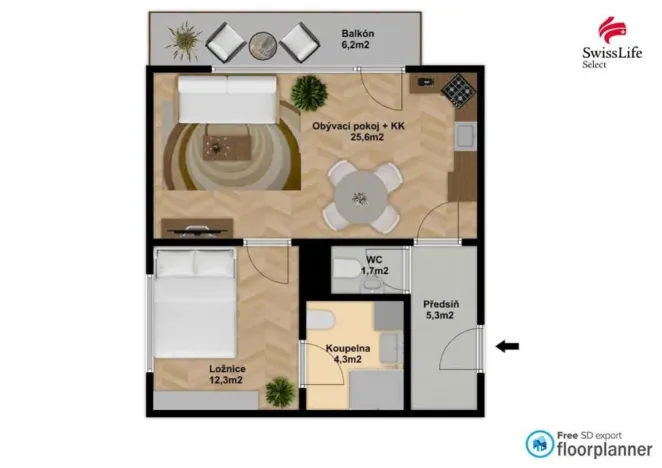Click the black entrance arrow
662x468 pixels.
pyautogui.click(x=509, y=346)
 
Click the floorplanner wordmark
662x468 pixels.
pyautogui.click(x=589, y=447)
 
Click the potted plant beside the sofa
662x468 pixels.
pyautogui.click(x=309, y=93)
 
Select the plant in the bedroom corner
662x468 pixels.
pyautogui.click(x=280, y=391)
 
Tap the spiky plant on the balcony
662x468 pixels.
pyautogui.click(x=183, y=41)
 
